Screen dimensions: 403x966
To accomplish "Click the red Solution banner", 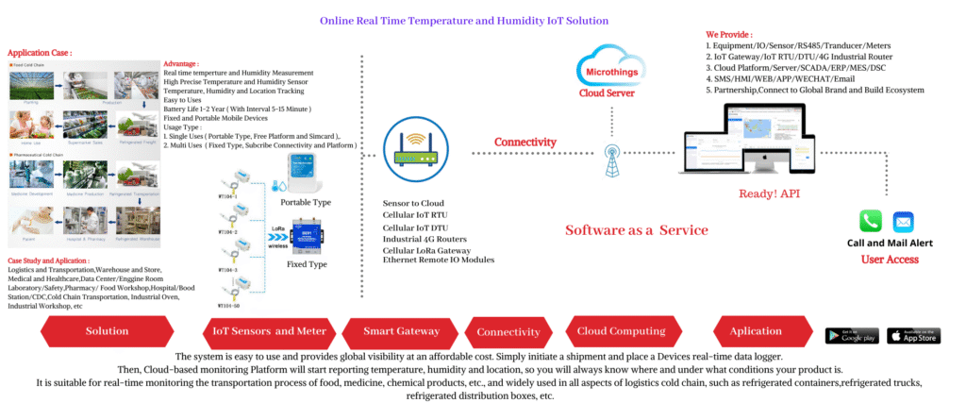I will pyautogui.click(x=107, y=331).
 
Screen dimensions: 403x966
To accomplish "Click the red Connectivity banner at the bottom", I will pyautogui.click(x=508, y=332).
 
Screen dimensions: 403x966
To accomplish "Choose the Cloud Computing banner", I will pyautogui.click(x=621, y=331).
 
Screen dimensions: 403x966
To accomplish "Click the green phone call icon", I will pyautogui.click(x=870, y=221).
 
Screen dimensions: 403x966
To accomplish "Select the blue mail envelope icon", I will pyautogui.click(x=904, y=222).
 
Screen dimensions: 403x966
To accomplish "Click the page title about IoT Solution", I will pyautogui.click(x=463, y=20).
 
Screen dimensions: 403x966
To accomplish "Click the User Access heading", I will pyautogui.click(x=890, y=259).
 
